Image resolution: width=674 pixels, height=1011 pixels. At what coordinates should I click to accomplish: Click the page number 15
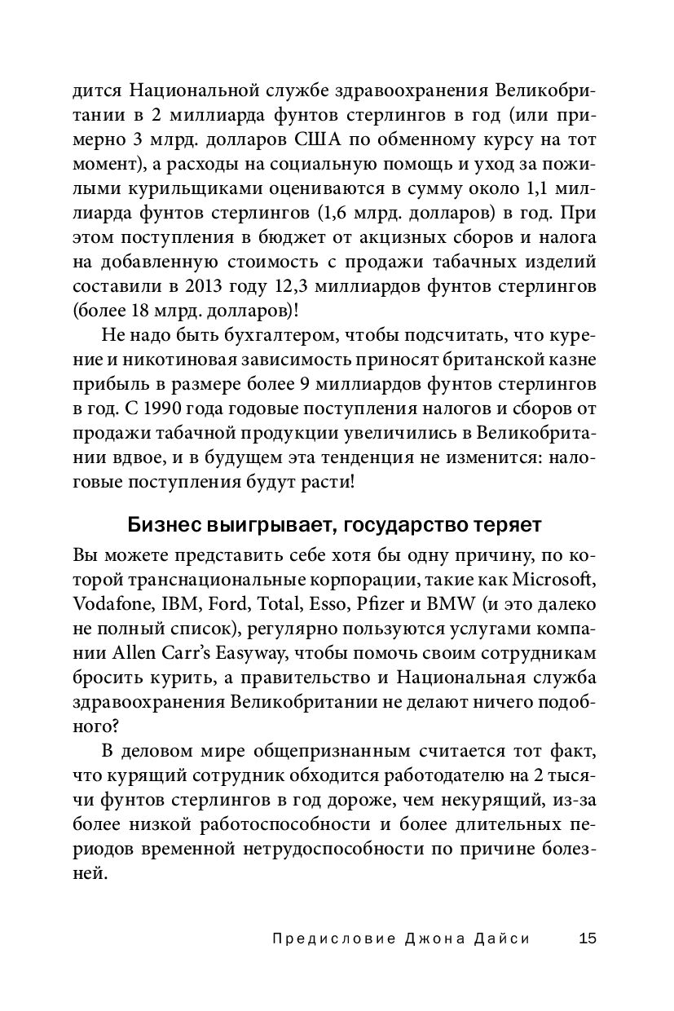(x=587, y=938)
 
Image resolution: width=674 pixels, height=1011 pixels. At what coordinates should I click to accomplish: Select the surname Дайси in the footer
(x=503, y=938)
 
